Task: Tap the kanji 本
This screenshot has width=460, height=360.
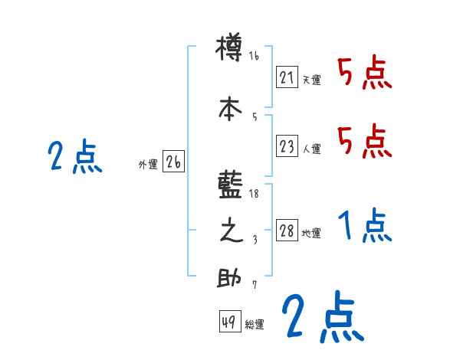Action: tap(230, 109)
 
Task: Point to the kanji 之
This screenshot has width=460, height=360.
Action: tap(230, 232)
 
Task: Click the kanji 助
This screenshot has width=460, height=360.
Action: tap(230, 278)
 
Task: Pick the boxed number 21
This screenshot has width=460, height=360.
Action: tap(287, 77)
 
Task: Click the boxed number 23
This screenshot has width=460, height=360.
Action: tap(287, 146)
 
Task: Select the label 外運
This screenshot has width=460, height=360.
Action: tap(148, 163)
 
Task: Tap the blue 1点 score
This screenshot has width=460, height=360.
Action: tap(366, 226)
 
